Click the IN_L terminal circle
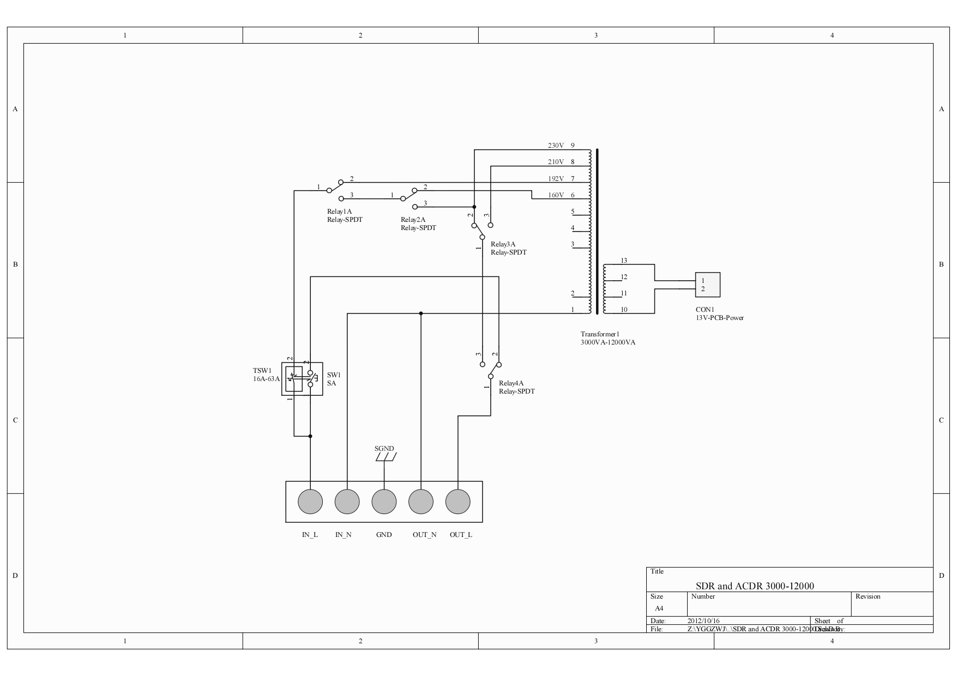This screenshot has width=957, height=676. [x=310, y=502]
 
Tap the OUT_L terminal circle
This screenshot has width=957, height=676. [x=458, y=502]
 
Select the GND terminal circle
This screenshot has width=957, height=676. [x=384, y=502]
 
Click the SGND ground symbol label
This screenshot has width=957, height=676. [x=384, y=449]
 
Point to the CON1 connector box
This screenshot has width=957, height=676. [x=707, y=285]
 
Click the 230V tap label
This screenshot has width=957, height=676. [x=556, y=146]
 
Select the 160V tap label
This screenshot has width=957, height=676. [x=556, y=195]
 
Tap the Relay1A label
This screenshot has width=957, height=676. [x=339, y=212]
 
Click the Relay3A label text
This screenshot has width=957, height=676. [x=503, y=244]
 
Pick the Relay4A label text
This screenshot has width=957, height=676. [x=511, y=383]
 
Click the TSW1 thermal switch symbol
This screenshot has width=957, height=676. [x=294, y=379]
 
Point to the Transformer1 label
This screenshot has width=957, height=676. [x=600, y=334]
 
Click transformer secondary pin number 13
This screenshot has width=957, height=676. [x=624, y=261]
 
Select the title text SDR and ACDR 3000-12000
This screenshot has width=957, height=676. [x=754, y=586]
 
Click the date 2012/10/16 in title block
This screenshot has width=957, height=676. [x=703, y=621]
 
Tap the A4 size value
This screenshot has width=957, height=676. [x=659, y=608]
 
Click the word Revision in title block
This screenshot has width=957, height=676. [x=868, y=596]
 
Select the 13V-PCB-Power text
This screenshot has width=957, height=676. [x=719, y=318]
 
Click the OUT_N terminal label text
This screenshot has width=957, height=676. [x=424, y=535]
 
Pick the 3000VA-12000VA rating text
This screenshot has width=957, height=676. [x=607, y=342]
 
